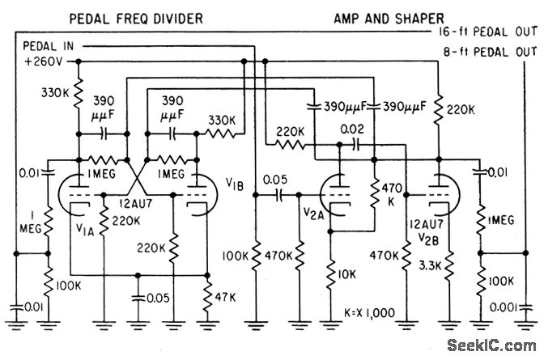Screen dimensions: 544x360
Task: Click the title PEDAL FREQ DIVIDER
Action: (x=136, y=19)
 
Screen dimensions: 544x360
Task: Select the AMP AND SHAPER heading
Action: (x=389, y=19)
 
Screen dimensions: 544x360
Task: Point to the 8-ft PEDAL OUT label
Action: (x=491, y=52)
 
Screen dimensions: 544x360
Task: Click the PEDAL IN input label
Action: (x=49, y=46)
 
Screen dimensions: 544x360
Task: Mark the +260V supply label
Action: (x=44, y=61)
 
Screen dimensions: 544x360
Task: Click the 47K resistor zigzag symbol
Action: (x=207, y=297)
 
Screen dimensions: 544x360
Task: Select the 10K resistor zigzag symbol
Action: (x=330, y=275)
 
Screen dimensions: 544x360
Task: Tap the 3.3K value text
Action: (x=430, y=266)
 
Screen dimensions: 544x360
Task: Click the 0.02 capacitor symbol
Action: (x=355, y=146)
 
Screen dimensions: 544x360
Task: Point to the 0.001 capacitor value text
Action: (x=504, y=307)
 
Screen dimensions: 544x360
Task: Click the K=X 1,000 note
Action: (x=369, y=313)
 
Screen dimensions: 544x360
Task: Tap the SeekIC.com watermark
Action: (x=491, y=345)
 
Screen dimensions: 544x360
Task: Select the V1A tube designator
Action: (x=85, y=229)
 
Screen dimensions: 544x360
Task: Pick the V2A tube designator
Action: (x=313, y=214)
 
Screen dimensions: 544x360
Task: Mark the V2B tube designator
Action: (x=428, y=239)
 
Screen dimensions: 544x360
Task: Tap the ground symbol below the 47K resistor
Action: (x=207, y=324)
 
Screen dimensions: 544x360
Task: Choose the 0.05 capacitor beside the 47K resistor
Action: (x=138, y=298)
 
